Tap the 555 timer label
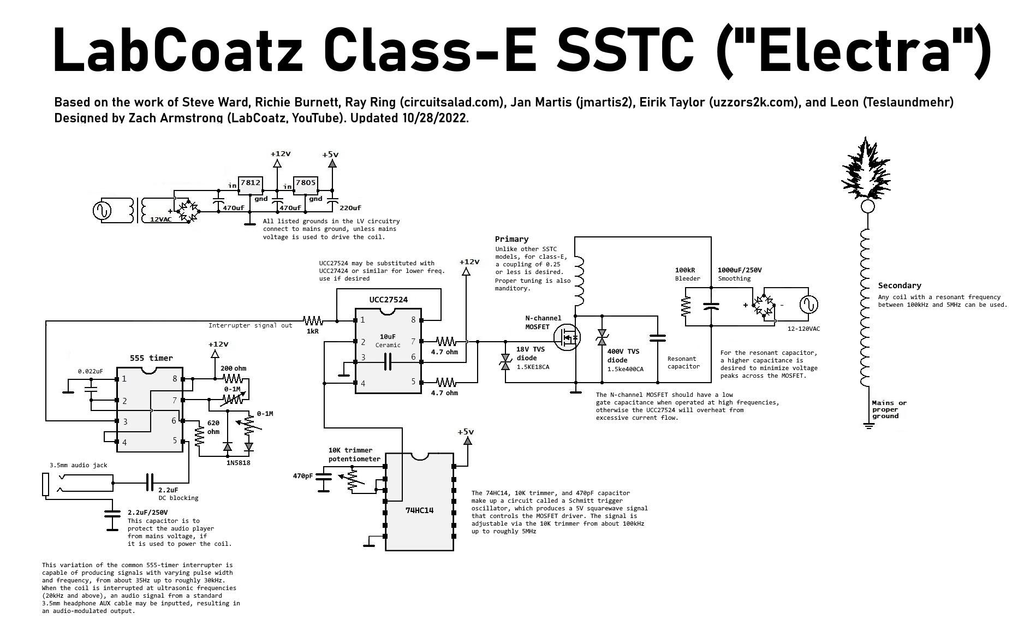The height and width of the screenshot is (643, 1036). click(x=151, y=358)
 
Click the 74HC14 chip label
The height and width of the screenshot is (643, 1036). click(x=419, y=510)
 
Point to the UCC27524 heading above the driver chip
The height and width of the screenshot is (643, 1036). click(x=388, y=300)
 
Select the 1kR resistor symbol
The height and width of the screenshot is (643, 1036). click(x=313, y=320)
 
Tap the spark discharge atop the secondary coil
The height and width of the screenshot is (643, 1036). click(x=867, y=170)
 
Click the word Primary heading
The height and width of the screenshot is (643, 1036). click(x=511, y=239)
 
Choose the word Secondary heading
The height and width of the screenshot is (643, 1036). click(x=899, y=285)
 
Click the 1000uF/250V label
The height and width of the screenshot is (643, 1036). click(x=739, y=270)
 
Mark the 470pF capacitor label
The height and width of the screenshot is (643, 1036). click(x=303, y=476)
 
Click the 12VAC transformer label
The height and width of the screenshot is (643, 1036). click(x=160, y=219)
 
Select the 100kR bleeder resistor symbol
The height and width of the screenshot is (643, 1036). click(x=685, y=306)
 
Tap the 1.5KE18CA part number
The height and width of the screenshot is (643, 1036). click(x=533, y=367)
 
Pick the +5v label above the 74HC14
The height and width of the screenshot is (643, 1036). click(x=466, y=432)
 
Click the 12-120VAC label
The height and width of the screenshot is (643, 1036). click(x=803, y=329)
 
